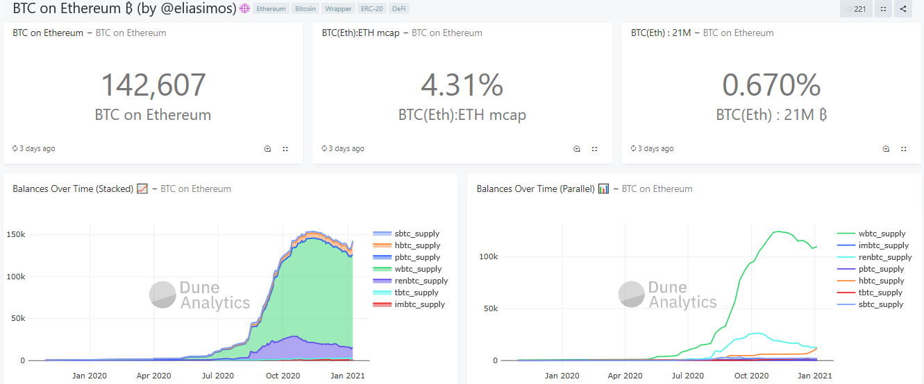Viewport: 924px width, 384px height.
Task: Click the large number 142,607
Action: (x=153, y=85)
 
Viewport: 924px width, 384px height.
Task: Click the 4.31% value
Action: (x=462, y=85)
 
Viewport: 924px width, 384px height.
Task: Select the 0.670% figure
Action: (x=771, y=85)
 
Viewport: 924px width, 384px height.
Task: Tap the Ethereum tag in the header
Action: (x=271, y=9)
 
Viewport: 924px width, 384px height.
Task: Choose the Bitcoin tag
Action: (x=305, y=9)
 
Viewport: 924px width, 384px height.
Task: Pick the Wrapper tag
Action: (x=338, y=9)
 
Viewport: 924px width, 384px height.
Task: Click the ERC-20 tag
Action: (x=371, y=9)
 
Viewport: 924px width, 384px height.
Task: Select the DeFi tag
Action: (x=399, y=9)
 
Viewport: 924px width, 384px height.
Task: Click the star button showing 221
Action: (x=855, y=9)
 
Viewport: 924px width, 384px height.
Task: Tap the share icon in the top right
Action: (x=902, y=9)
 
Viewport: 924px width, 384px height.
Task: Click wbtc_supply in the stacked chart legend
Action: (x=417, y=269)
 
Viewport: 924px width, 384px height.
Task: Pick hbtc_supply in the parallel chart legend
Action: (x=881, y=281)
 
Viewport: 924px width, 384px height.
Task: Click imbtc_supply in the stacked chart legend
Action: (x=419, y=304)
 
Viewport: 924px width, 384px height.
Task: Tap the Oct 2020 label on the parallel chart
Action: (x=751, y=376)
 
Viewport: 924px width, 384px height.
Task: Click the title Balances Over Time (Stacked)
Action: (x=73, y=189)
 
